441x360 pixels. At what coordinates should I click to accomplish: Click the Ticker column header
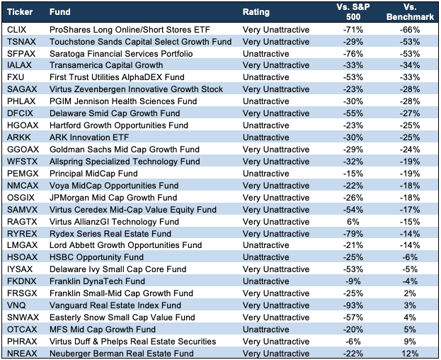tap(20, 12)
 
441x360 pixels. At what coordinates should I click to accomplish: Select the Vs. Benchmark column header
tap(410, 12)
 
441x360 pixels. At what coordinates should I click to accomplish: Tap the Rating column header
tap(256, 12)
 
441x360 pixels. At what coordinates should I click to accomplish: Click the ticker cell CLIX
tap(16, 30)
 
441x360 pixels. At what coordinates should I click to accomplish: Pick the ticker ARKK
tap(19, 137)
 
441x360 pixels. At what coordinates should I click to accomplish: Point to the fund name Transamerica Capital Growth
tap(106, 65)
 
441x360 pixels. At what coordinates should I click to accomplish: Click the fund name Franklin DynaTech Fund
tap(97, 281)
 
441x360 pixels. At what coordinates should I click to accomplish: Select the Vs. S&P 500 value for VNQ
tap(353, 305)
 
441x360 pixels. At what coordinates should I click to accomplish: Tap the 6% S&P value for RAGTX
tap(353, 222)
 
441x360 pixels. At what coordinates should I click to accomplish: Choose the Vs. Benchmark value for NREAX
tap(410, 354)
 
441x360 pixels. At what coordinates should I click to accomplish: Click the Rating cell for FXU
tap(265, 77)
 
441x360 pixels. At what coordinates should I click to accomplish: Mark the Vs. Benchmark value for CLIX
tap(410, 30)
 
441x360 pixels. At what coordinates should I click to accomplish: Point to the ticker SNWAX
tap(23, 317)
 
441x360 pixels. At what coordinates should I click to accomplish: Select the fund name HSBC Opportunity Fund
tap(96, 257)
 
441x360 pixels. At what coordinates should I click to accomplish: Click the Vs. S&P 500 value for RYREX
tap(353, 234)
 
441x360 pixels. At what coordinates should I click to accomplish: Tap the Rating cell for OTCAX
tap(265, 330)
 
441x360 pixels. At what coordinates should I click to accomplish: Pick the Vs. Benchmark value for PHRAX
tap(410, 342)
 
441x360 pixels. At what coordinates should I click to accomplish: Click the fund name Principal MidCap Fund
tap(93, 174)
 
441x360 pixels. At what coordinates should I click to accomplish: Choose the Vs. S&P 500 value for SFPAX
tap(353, 54)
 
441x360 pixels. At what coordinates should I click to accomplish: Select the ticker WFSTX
tap(22, 162)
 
